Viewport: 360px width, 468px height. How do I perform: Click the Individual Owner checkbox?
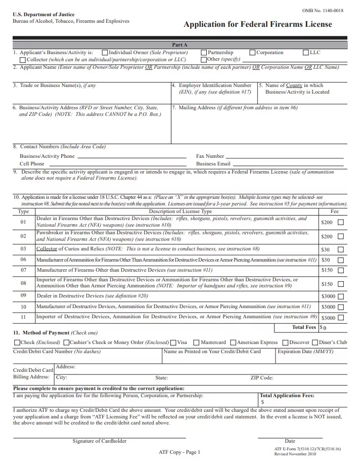click(x=105, y=53)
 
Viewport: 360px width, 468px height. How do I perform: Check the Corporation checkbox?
click(x=252, y=53)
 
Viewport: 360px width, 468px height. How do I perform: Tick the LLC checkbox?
click(x=305, y=53)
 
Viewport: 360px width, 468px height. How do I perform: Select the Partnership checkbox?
click(x=204, y=53)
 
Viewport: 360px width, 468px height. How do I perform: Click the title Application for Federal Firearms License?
click(x=257, y=24)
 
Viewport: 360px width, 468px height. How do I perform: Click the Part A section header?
click(x=179, y=45)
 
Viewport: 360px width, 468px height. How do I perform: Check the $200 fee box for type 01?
click(x=340, y=222)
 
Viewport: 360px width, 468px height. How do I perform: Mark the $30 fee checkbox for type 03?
click(x=340, y=249)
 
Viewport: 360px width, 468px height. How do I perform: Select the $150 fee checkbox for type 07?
click(x=340, y=270)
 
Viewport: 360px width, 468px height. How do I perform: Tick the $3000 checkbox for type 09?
click(x=340, y=296)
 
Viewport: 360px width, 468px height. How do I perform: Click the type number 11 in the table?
click(x=23, y=317)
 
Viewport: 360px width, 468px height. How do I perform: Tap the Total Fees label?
click(x=304, y=327)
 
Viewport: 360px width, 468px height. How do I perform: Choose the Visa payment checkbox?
click(x=173, y=343)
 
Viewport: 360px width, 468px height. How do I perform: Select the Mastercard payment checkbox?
click(x=197, y=343)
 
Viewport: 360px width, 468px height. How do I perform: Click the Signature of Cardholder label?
click(x=99, y=441)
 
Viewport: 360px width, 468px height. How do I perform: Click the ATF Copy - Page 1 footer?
click(x=179, y=452)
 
